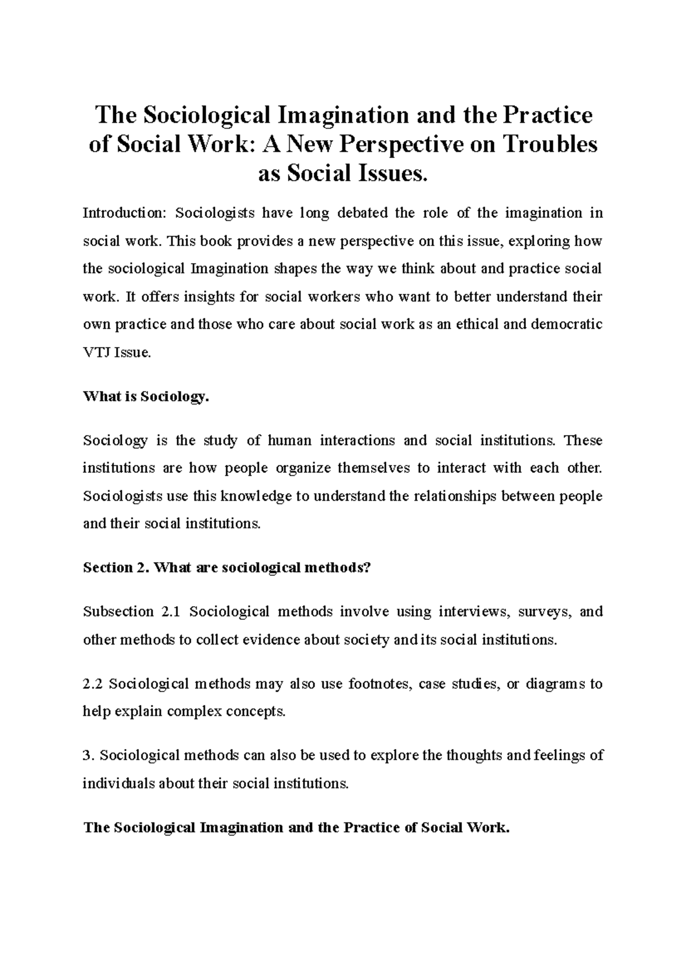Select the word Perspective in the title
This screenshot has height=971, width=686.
(x=400, y=144)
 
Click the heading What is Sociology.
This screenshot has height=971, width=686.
(x=146, y=397)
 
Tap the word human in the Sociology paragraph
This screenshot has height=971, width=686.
(x=290, y=441)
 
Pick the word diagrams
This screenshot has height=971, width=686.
(x=555, y=684)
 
